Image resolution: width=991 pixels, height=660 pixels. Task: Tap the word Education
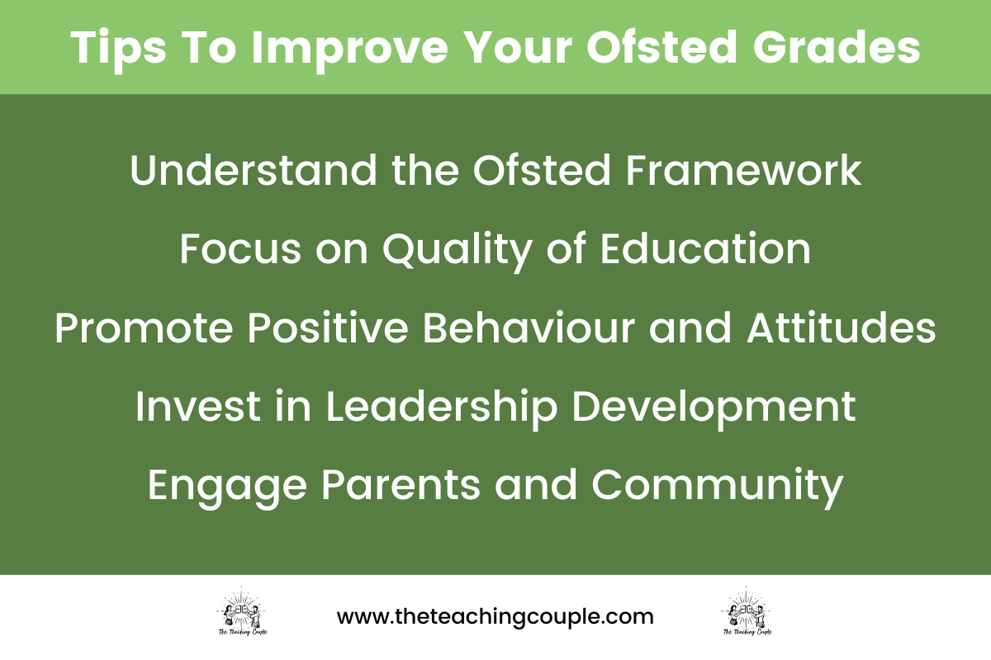point(705,250)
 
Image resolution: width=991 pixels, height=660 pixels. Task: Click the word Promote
point(144,328)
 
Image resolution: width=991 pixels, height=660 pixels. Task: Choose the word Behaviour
point(529,328)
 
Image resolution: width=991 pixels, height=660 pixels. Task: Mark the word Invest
point(193,408)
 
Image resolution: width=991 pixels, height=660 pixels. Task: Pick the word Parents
point(400,486)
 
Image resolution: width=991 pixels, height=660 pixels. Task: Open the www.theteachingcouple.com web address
point(495,616)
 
